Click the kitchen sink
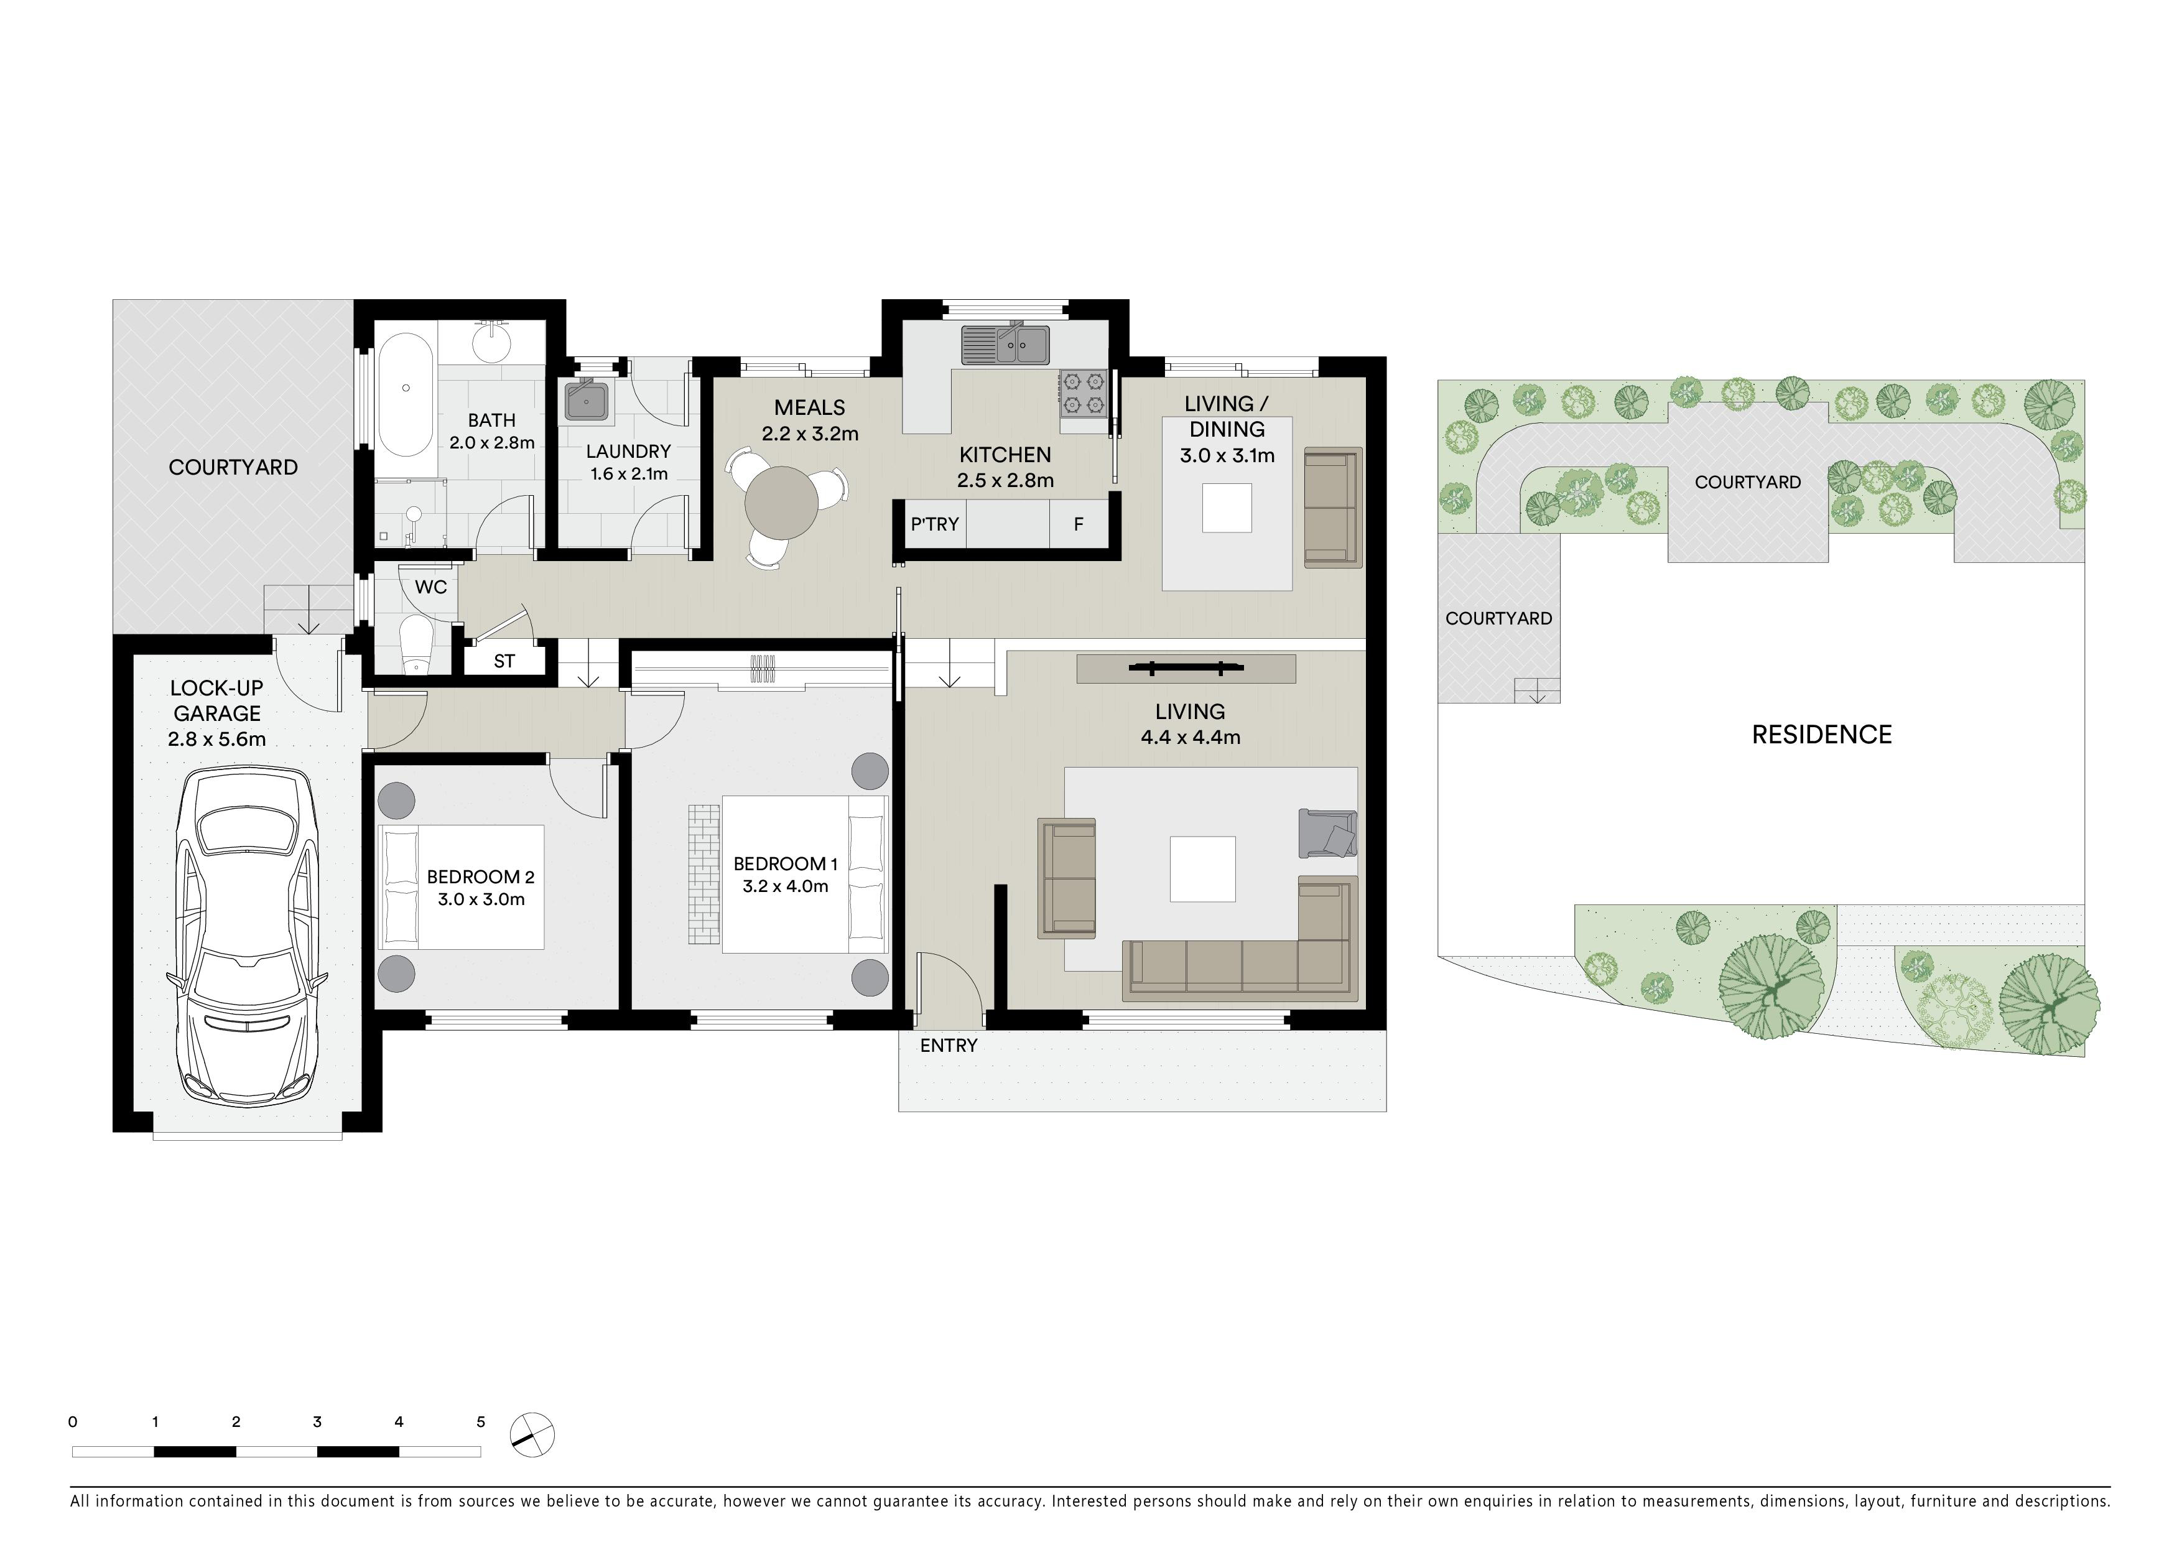[1005, 345]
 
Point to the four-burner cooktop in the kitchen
[1084, 393]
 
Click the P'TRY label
[934, 524]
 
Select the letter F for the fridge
[1079, 524]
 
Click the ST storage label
[504, 661]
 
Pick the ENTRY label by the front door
[949, 1045]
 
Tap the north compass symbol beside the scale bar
[532, 1434]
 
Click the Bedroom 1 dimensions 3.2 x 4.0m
[785, 886]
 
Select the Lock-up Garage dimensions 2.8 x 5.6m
[216, 739]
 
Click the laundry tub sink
[587, 401]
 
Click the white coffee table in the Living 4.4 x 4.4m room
[1202, 868]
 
